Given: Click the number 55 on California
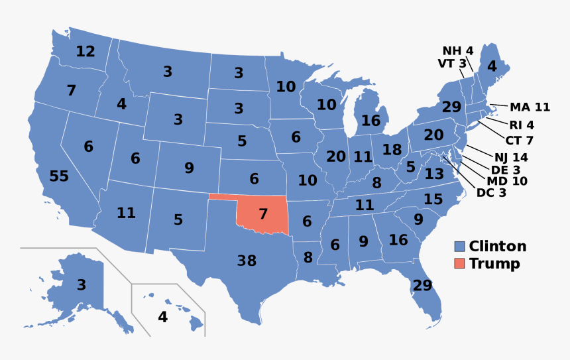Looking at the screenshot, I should point(59,176).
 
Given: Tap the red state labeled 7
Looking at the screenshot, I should point(263,214).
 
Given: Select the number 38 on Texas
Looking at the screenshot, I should point(247,261).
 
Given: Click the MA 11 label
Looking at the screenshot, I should point(530,107).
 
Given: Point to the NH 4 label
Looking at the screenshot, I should point(458,51).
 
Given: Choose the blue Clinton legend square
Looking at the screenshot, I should point(459,247).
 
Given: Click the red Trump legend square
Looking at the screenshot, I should point(459,264).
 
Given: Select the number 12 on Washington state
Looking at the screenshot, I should point(85,51).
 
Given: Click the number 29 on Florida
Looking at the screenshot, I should point(422,286).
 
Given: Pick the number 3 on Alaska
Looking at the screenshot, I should point(81,286).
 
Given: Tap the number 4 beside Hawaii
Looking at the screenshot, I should point(162,318).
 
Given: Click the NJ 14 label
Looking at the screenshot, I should point(510,158).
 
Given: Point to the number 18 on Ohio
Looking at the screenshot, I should point(392,150).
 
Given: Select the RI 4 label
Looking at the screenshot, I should point(521,125).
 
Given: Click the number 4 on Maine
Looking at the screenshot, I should point(491,66).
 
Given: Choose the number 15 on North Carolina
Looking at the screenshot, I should point(433,199).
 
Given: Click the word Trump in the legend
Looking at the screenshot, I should point(494,264).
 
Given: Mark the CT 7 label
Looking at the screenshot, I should point(520,141).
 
